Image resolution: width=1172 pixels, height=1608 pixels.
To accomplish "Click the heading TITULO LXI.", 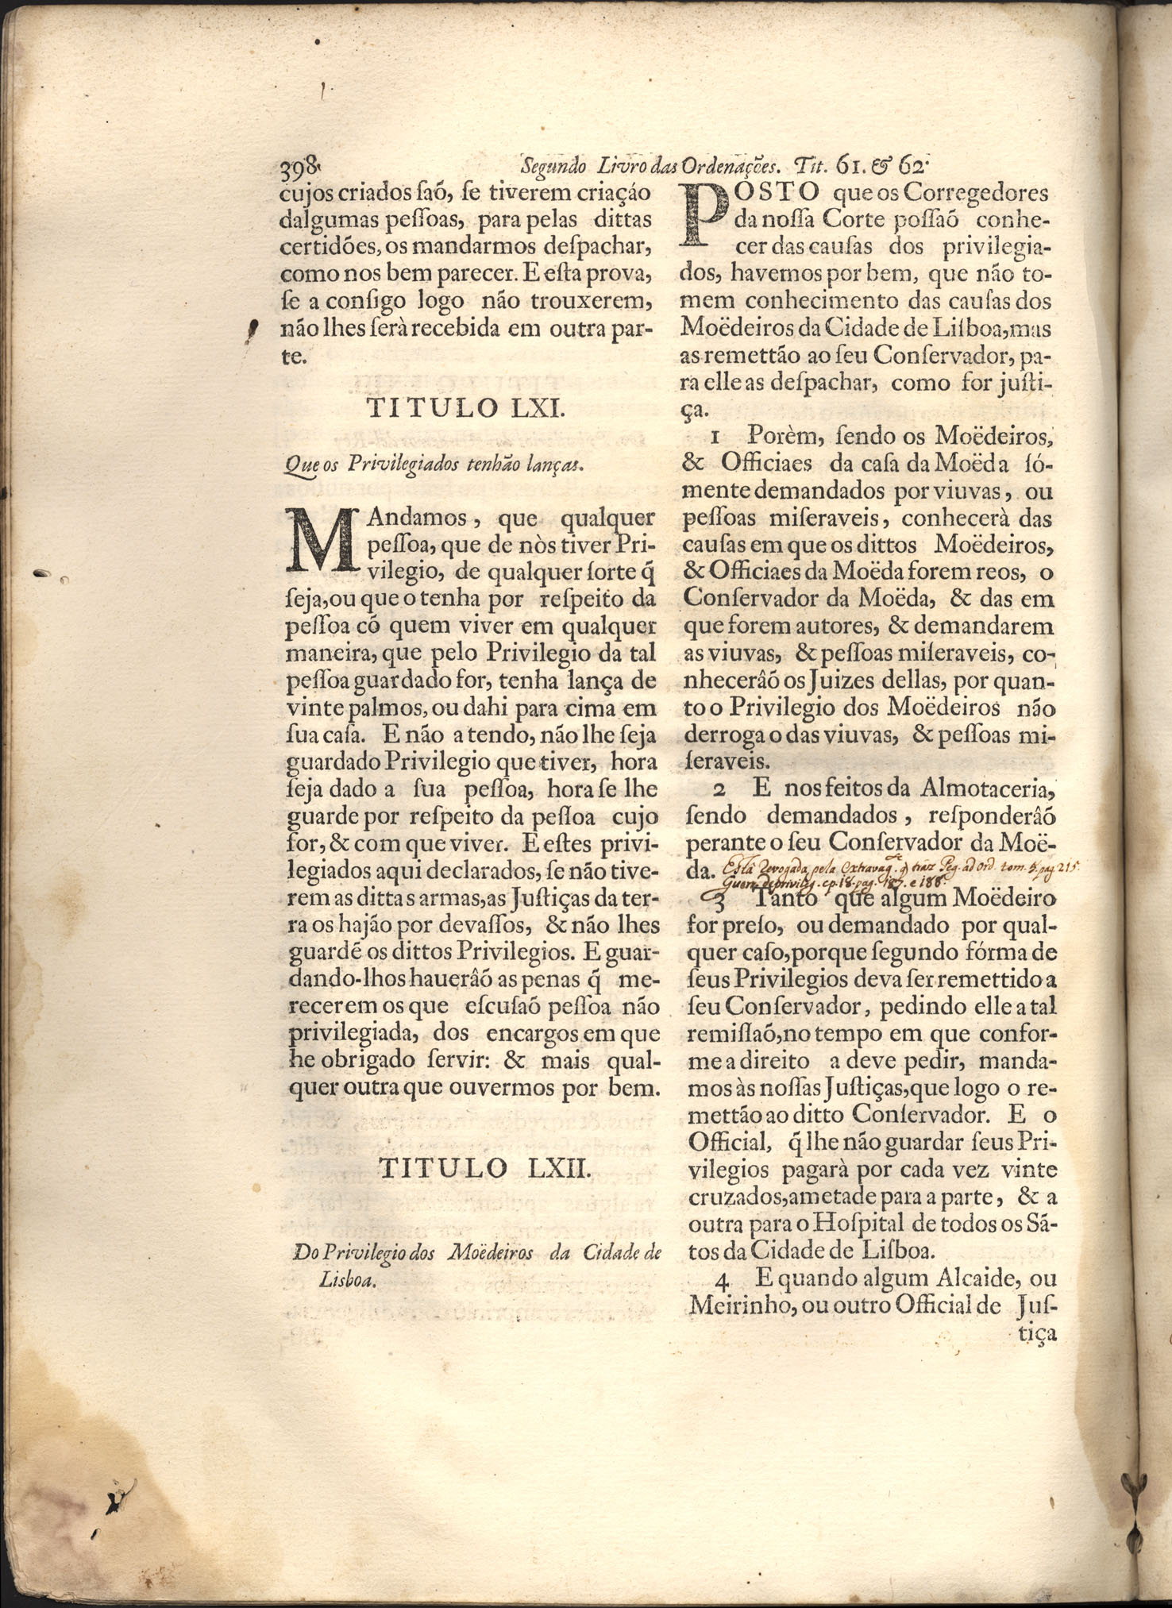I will (465, 408).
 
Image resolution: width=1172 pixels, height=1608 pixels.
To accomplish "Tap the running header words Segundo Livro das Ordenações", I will (651, 168).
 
